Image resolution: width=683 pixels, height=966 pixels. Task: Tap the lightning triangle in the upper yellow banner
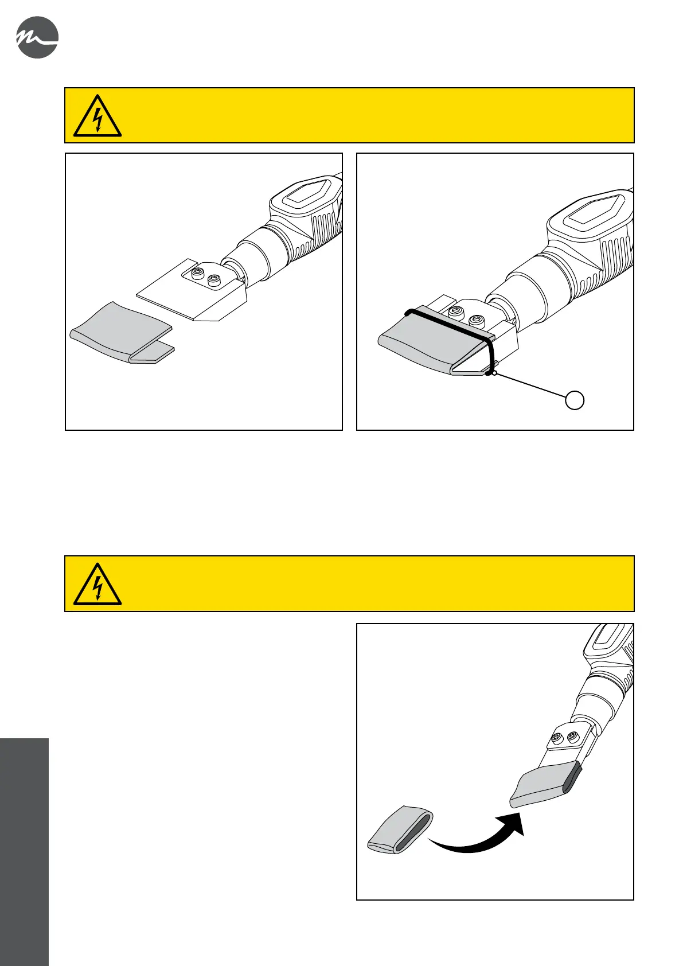coord(97,117)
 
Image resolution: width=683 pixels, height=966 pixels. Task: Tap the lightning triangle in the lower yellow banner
coord(97,585)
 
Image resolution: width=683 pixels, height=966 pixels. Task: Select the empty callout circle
coord(575,400)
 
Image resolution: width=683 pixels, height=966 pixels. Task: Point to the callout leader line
coord(531,385)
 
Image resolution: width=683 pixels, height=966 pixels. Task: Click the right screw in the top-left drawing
coord(215,281)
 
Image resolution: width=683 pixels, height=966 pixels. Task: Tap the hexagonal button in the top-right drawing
coord(591,212)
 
